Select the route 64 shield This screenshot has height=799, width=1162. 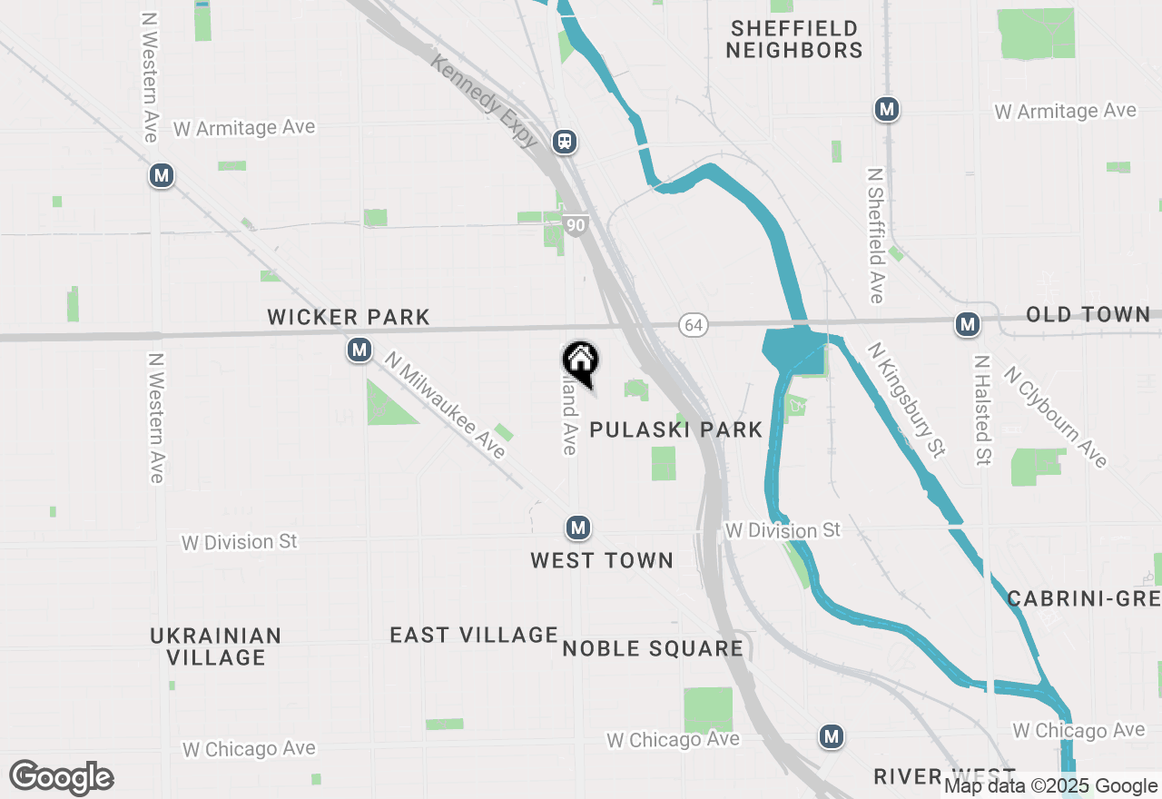point(694,325)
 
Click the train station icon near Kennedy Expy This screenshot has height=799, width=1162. point(565,141)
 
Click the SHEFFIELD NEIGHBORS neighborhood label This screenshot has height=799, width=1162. point(793,40)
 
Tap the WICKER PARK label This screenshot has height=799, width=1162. point(349,317)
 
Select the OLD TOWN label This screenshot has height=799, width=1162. point(1088,315)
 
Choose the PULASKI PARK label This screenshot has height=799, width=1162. point(676,429)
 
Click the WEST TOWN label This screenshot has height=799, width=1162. point(602,560)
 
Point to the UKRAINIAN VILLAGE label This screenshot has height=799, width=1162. point(216,646)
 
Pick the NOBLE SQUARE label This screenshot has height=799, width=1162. point(653,648)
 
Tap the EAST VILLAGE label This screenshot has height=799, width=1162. point(474,635)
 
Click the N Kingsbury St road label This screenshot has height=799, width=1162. point(906,399)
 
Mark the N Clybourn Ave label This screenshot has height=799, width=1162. point(1056,417)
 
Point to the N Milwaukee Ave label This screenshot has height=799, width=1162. point(444,405)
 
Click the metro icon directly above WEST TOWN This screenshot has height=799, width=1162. point(578,527)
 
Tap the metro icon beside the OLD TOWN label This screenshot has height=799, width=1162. point(967,324)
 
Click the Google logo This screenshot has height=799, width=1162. point(61,778)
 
